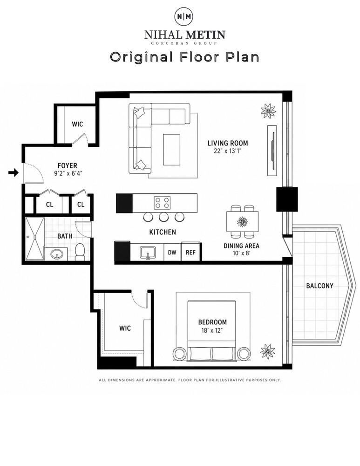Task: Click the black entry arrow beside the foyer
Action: click(x=14, y=172)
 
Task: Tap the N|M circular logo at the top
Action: click(x=183, y=16)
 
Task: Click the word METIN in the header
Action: click(x=205, y=35)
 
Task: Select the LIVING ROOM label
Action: click(x=228, y=143)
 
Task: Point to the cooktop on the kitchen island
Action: click(x=162, y=203)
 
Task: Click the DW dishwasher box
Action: click(x=172, y=252)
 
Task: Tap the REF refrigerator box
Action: click(x=190, y=252)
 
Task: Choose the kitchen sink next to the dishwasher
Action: click(x=148, y=252)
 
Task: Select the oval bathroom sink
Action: click(x=56, y=254)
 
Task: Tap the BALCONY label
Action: click(x=319, y=286)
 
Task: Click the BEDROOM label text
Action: click(x=212, y=322)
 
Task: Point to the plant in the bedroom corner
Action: click(x=268, y=351)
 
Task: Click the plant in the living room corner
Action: click(x=268, y=111)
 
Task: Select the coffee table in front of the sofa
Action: click(x=171, y=150)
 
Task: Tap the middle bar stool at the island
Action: click(x=163, y=217)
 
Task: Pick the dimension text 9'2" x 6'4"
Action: click(x=68, y=173)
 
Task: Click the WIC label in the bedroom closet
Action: click(x=125, y=329)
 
